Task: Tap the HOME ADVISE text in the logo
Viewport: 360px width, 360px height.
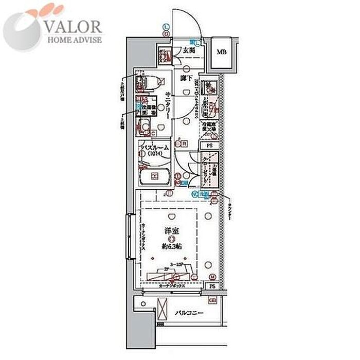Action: pyautogui.click(x=75, y=39)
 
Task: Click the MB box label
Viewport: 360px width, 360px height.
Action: pyautogui.click(x=221, y=52)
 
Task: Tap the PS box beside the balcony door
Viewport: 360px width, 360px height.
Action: pyautogui.click(x=212, y=286)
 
